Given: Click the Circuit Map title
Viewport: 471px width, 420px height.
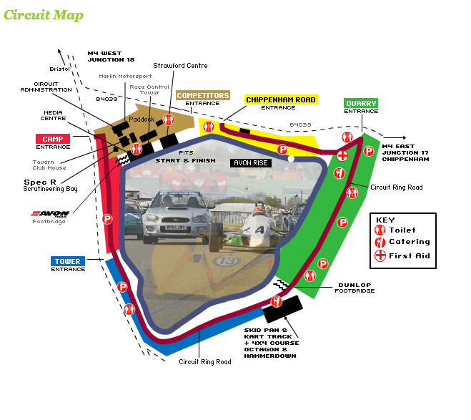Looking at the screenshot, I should coord(44,15).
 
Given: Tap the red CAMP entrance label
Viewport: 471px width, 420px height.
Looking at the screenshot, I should coord(53,139).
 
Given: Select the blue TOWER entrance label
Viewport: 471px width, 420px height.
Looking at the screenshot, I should coord(69,262).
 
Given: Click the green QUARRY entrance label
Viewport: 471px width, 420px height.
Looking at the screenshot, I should coord(361,104).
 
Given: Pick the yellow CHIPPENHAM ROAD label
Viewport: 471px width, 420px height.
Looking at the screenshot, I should coord(281,99).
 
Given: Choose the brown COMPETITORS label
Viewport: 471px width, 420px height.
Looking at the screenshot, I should coord(203,95).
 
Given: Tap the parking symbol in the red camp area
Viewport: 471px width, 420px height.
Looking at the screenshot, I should coord(107,219).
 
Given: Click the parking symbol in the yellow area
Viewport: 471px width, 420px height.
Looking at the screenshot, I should coord(282,150).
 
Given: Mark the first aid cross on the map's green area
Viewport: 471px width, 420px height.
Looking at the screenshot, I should coord(344,155).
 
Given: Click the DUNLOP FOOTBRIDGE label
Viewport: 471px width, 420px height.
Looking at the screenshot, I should coord(355,288).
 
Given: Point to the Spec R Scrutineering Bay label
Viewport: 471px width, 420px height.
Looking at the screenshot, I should coord(50,185).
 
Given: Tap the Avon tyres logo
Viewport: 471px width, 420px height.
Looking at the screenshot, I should coord(52,213).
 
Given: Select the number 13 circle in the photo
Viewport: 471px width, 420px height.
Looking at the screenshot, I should coord(229,262).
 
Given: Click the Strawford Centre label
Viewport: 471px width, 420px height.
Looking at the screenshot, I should coord(180,66).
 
